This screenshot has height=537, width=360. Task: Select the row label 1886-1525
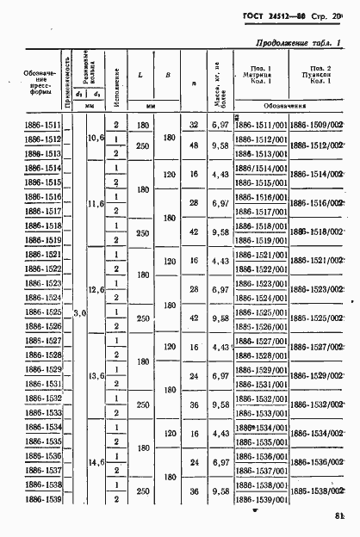[x=40, y=312]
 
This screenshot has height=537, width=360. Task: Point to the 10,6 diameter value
[x=96, y=139]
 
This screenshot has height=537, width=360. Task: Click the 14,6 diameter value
[x=96, y=463]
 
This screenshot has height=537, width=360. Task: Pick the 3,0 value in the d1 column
[x=78, y=312]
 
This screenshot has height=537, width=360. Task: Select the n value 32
[x=194, y=126]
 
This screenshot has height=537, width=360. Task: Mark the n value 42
[x=194, y=232]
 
